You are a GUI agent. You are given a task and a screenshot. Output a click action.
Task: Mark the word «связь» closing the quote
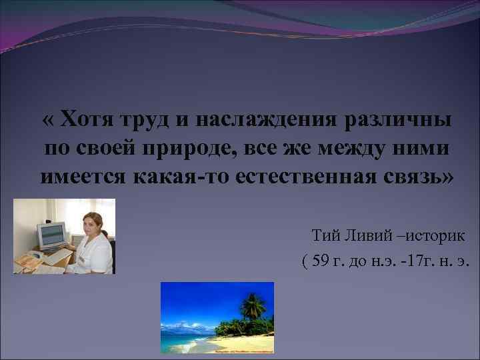coord(418,179)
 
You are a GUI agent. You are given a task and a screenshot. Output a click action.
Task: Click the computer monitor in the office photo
coord(51,235)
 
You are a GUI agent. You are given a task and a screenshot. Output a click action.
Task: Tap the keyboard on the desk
coord(57,254)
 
